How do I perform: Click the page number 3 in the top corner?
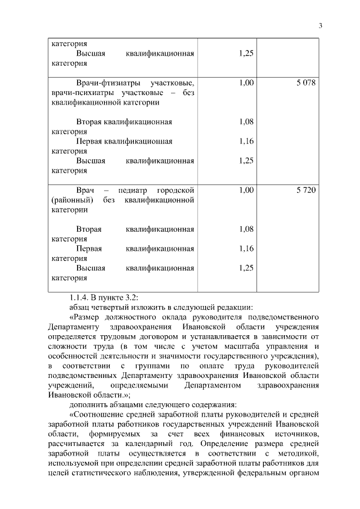pos(320,25)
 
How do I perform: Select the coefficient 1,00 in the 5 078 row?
pos(246,83)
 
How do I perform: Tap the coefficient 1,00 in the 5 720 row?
pos(246,190)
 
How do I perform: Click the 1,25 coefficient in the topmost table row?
pos(246,53)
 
